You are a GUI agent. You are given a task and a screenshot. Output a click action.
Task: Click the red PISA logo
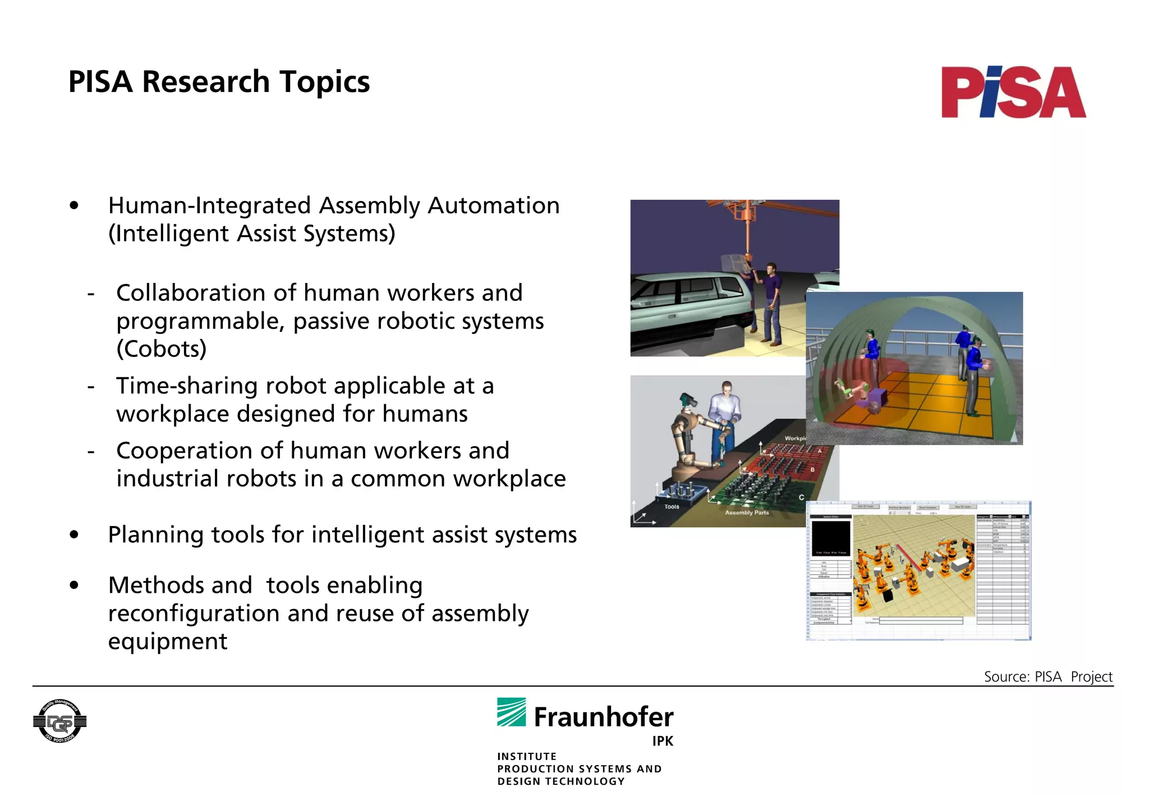click(1013, 93)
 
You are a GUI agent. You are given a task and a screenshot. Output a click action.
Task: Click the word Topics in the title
click(324, 82)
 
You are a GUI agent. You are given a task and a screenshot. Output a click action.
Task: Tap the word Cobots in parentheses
click(162, 349)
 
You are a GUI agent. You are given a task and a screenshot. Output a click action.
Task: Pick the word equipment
click(168, 642)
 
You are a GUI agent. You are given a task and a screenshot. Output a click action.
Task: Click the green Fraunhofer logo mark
click(511, 712)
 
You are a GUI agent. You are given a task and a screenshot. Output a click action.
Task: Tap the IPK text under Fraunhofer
click(662, 741)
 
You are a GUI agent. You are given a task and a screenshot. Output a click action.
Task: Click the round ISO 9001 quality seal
click(59, 721)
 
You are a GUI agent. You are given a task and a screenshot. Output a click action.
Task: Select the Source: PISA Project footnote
click(1047, 676)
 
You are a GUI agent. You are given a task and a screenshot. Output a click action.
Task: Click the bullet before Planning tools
click(74, 535)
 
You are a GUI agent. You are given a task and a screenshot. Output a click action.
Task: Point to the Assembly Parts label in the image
click(747, 513)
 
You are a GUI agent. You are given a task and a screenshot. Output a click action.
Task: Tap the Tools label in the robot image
click(672, 506)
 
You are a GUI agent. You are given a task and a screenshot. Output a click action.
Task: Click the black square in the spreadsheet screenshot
click(831, 538)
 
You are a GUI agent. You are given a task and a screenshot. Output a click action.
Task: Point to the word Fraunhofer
click(603, 717)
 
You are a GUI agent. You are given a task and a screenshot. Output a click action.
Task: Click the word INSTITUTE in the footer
click(527, 756)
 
